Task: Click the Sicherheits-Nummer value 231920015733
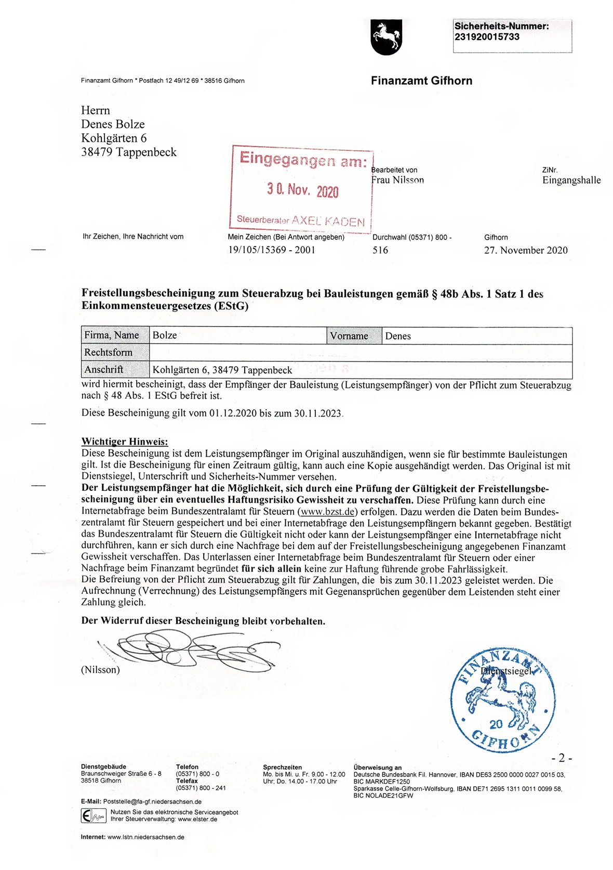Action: (487, 37)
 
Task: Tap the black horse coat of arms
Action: (386, 37)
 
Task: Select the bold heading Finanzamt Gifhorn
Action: (421, 81)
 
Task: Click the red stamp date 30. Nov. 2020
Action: (302, 190)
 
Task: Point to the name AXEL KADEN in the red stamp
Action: (328, 221)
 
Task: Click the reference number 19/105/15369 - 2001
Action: (272, 250)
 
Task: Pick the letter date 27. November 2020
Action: (526, 250)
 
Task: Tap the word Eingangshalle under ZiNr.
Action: (571, 180)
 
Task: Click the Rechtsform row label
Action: (109, 353)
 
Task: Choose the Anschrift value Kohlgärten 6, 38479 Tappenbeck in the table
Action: (222, 370)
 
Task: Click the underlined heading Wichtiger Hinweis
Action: (125, 442)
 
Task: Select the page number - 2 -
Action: (562, 758)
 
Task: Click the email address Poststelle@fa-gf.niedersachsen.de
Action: (152, 801)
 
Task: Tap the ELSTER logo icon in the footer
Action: (94, 816)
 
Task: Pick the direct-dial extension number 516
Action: (380, 250)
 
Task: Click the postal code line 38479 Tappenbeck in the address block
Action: (129, 152)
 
